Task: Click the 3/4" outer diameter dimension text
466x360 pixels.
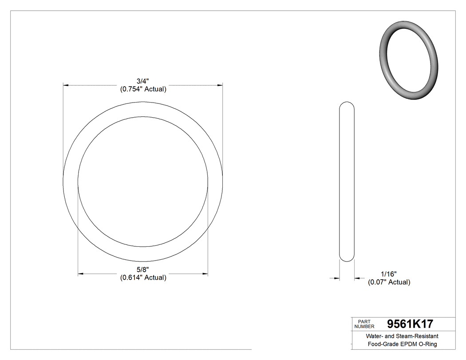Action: point(143,81)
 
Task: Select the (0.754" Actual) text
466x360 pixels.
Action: point(143,89)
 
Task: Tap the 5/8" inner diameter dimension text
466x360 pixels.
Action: point(143,270)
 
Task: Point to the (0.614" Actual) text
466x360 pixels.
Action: point(143,278)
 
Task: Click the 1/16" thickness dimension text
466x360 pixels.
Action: point(389,274)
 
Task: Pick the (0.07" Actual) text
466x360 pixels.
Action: point(389,282)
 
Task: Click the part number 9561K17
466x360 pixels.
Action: point(410,324)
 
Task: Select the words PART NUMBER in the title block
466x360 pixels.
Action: point(364,324)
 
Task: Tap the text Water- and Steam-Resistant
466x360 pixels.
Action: point(402,336)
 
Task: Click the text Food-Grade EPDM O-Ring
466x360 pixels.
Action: point(402,344)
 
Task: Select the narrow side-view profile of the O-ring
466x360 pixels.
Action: point(347,182)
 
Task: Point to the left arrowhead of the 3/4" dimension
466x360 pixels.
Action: point(66,84)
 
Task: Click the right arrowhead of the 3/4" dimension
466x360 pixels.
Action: point(219,84)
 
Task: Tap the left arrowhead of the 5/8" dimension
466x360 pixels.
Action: point(81,274)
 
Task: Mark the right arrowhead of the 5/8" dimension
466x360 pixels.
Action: point(205,274)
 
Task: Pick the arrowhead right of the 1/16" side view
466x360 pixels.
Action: point(357,278)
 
